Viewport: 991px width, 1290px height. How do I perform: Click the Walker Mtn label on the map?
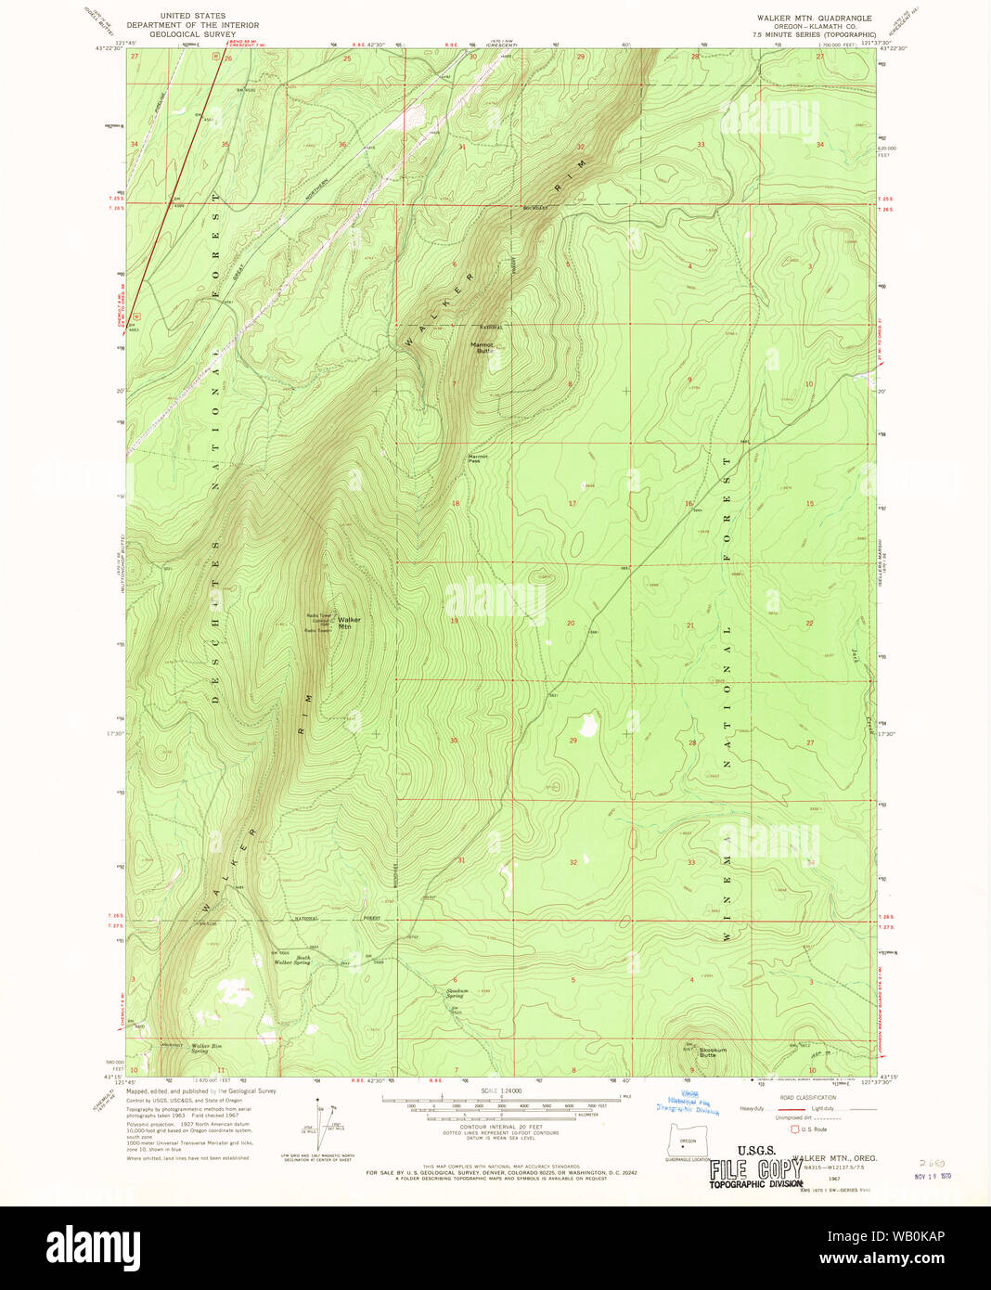[x=349, y=623]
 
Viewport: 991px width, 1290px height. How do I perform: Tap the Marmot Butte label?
[x=483, y=348]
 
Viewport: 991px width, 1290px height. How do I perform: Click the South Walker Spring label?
[x=291, y=960]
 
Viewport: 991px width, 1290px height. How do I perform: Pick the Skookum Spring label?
[x=456, y=993]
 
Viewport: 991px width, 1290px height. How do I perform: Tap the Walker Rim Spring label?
[x=206, y=1048]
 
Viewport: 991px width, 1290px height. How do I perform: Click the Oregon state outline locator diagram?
[x=687, y=1141]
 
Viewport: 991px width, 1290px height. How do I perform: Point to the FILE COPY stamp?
[x=755, y=1169]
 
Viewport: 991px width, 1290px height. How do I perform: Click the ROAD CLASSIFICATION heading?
[x=807, y=1097]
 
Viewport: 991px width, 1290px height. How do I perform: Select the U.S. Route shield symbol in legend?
[x=794, y=1129]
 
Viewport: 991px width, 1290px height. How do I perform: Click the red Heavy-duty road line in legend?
[x=791, y=1108]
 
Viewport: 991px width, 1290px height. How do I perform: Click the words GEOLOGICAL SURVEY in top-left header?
[x=193, y=33]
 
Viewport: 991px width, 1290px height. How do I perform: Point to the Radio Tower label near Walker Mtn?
[x=317, y=615]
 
